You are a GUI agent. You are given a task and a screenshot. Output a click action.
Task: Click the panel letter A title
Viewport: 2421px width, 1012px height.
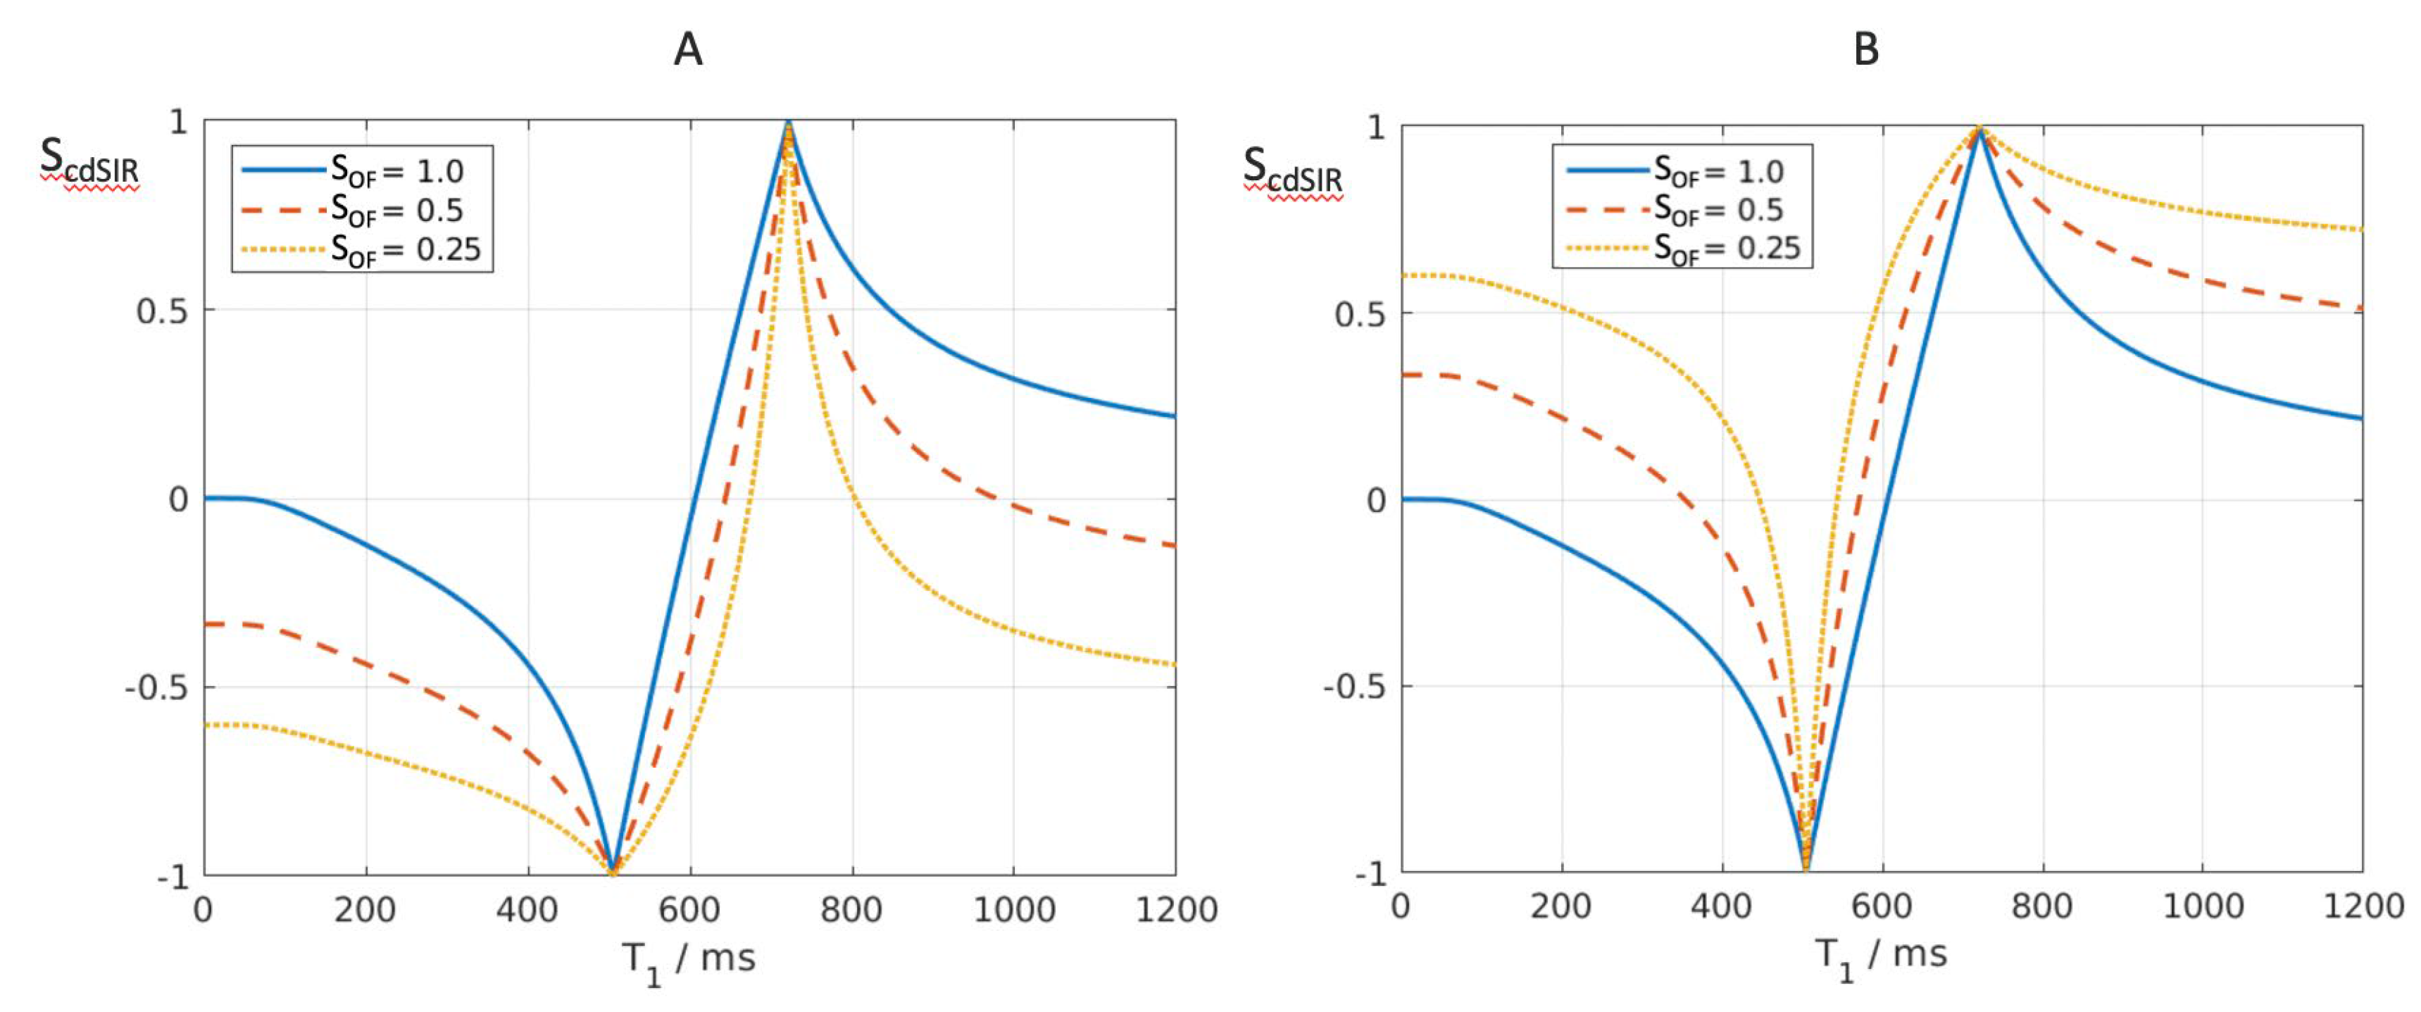[688, 49]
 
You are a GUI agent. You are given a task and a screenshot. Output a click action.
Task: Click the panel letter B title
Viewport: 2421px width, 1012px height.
[1867, 49]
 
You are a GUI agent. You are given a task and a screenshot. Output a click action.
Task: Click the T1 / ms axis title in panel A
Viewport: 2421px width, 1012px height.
[689, 961]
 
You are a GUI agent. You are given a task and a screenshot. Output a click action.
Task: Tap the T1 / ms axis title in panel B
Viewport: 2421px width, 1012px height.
[1881, 956]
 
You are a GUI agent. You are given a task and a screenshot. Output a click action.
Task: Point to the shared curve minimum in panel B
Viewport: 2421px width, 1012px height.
[1806, 866]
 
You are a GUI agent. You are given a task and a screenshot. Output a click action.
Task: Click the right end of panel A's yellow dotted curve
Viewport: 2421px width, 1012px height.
[1174, 664]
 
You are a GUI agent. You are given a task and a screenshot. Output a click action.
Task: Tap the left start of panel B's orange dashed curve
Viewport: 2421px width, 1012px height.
[1404, 375]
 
